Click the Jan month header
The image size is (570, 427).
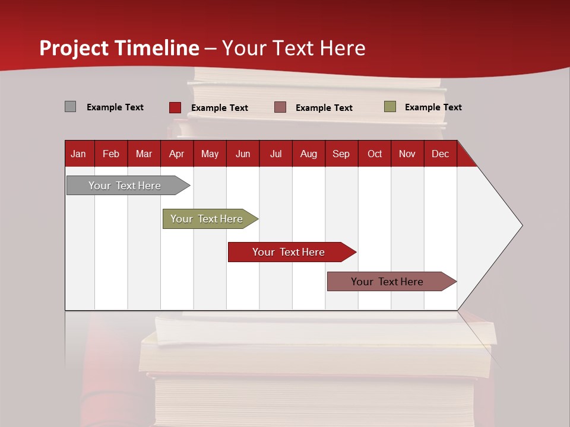click(78, 154)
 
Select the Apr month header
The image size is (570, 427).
click(176, 154)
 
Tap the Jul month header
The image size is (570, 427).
click(275, 154)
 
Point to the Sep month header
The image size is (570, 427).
click(341, 154)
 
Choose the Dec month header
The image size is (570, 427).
click(440, 154)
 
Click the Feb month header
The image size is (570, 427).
click(111, 154)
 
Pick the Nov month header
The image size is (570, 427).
click(407, 154)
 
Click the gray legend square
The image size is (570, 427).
click(70, 107)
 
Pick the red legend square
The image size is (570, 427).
click(175, 107)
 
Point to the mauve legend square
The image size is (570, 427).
click(280, 107)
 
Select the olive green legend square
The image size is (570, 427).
click(389, 107)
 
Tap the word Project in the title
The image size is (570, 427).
click(74, 48)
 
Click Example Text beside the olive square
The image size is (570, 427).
click(433, 107)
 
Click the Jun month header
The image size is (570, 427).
click(242, 154)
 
